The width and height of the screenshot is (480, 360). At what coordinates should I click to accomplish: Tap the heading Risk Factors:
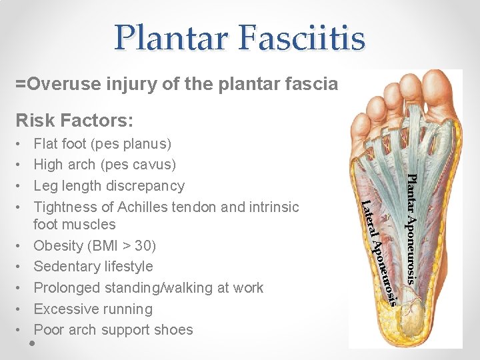(x=75, y=121)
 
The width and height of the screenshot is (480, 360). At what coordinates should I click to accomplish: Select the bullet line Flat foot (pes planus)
(x=102, y=143)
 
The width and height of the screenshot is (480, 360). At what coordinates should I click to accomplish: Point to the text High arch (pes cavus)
(x=105, y=165)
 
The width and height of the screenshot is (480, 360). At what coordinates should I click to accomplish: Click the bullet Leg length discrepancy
(x=109, y=185)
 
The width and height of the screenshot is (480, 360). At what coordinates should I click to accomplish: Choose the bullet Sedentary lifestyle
(x=93, y=267)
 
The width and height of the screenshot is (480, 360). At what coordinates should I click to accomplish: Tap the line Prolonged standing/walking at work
(x=148, y=288)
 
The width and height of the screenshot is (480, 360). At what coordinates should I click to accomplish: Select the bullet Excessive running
(x=93, y=309)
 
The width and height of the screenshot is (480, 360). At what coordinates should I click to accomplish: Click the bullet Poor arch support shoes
(x=113, y=330)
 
